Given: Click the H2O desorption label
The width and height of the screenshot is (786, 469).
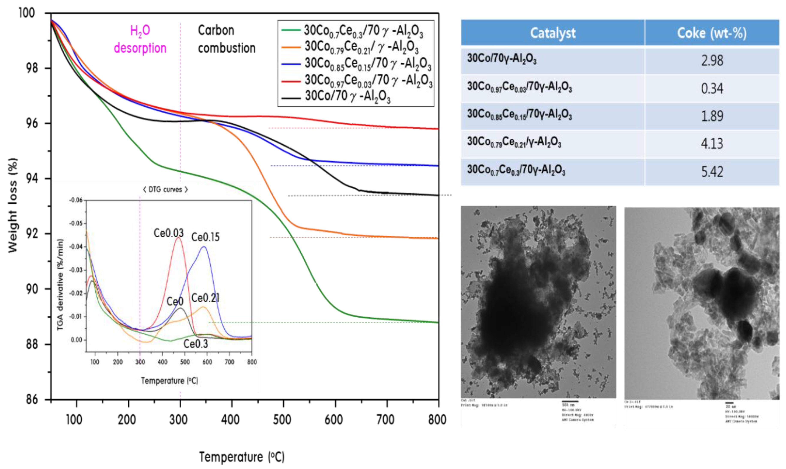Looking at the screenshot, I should coord(140,39).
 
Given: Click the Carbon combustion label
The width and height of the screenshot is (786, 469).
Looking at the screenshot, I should coord(226,39).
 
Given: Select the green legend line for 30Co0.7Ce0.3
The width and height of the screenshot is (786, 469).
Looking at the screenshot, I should coord(291,30).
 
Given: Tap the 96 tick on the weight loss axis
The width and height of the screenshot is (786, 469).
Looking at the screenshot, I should coord(32,123).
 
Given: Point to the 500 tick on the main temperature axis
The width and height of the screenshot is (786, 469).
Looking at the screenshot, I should coord(282,420).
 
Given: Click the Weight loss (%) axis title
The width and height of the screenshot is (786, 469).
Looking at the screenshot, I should coord(13,205).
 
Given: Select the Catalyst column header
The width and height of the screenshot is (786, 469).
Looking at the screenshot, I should coord(553,33).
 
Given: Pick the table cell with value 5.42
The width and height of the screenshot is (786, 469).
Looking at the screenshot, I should coord(712,172).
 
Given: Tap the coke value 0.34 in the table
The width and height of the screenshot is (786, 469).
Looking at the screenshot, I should coord(712,88).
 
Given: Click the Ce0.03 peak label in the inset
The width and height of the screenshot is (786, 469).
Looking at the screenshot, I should coord(168,233).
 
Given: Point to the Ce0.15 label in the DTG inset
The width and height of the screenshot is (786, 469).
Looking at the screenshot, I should coord(205,237).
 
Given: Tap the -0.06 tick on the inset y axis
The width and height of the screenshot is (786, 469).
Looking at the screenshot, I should coord(76,200).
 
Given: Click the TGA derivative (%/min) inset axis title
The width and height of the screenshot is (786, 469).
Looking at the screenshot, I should coord(60,284).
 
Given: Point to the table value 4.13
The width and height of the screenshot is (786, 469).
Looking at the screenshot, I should coord(712,144).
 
